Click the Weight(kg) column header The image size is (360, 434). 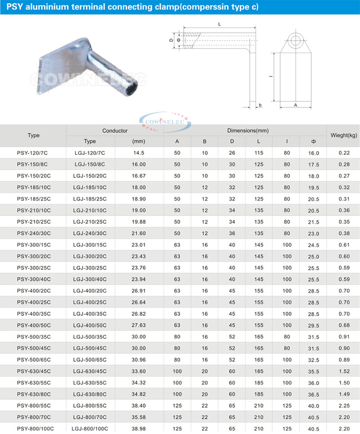point(344,135)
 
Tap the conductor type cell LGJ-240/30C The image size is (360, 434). point(90,233)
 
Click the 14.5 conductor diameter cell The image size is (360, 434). point(139,153)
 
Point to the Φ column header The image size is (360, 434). point(313,142)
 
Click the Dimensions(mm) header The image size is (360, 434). point(247,130)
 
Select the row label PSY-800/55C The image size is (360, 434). point(34,406)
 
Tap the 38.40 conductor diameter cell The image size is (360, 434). point(139,406)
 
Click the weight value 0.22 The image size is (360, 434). point(344,153)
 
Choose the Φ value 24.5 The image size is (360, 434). point(313,245)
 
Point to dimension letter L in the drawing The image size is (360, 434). point(219,25)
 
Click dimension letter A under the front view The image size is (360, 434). point(295,105)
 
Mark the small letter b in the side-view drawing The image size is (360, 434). point(260,105)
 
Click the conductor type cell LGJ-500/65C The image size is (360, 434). point(90,360)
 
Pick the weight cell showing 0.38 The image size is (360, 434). point(344,233)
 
